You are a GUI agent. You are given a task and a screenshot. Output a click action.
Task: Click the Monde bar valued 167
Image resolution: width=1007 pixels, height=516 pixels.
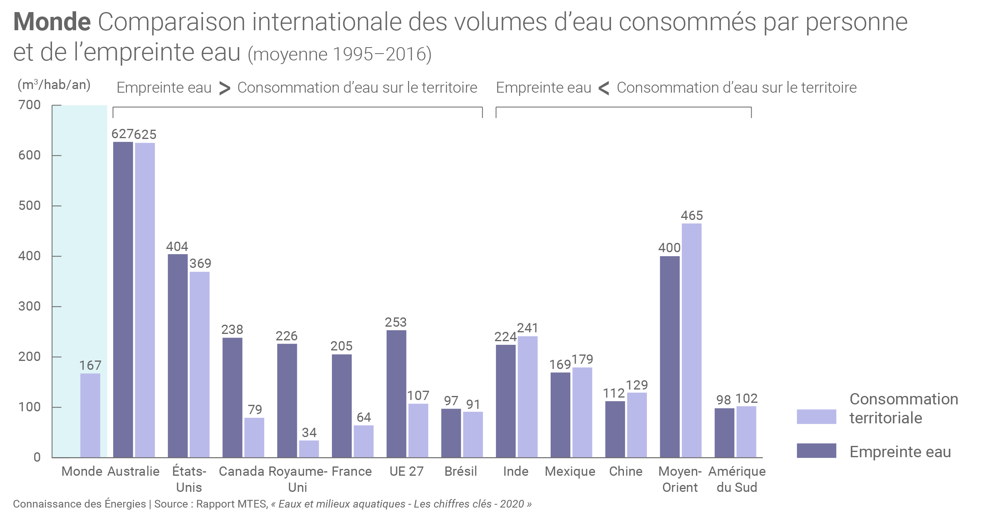[90, 415]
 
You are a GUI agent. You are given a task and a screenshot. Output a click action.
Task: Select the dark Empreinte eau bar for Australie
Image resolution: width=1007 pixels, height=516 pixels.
[123, 300]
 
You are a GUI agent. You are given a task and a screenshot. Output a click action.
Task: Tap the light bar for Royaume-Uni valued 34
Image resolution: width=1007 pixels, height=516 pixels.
[309, 449]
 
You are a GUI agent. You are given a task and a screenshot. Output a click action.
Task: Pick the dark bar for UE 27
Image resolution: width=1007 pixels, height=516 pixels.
[396, 394]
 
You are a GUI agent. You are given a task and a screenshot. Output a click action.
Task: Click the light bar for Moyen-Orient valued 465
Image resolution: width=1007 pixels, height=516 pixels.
[692, 340]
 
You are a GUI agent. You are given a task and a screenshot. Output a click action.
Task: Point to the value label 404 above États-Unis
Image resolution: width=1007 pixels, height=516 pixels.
[177, 247]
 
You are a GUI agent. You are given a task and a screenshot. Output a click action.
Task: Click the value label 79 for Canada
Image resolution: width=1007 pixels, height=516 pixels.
[255, 410]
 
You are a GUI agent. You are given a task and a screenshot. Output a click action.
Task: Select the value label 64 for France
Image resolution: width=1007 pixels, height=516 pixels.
[364, 417]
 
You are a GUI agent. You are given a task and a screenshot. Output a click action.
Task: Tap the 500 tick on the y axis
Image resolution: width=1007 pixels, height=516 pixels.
[29, 205]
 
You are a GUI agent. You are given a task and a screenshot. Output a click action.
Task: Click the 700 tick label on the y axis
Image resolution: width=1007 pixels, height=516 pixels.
[29, 105]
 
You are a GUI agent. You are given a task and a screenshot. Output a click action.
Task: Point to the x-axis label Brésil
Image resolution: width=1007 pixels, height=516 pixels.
[461, 471]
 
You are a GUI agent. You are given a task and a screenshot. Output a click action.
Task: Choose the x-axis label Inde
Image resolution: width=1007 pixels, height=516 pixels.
[516, 471]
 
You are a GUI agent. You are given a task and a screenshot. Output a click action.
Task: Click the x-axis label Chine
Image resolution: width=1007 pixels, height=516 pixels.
[626, 471]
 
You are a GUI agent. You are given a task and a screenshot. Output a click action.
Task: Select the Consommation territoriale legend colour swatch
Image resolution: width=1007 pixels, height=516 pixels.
[816, 417]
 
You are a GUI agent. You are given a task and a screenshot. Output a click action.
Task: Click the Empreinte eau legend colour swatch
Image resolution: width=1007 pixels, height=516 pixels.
[816, 451]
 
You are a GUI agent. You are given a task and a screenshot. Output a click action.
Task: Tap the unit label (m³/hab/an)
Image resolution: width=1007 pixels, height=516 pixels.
[54, 85]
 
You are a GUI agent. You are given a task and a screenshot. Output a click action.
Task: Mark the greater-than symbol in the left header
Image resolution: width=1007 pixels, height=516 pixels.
[225, 88]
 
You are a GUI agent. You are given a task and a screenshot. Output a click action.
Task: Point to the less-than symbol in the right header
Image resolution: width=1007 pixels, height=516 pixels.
[604, 88]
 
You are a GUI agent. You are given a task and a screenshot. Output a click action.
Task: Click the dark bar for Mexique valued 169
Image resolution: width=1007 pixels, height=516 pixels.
[560, 415]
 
